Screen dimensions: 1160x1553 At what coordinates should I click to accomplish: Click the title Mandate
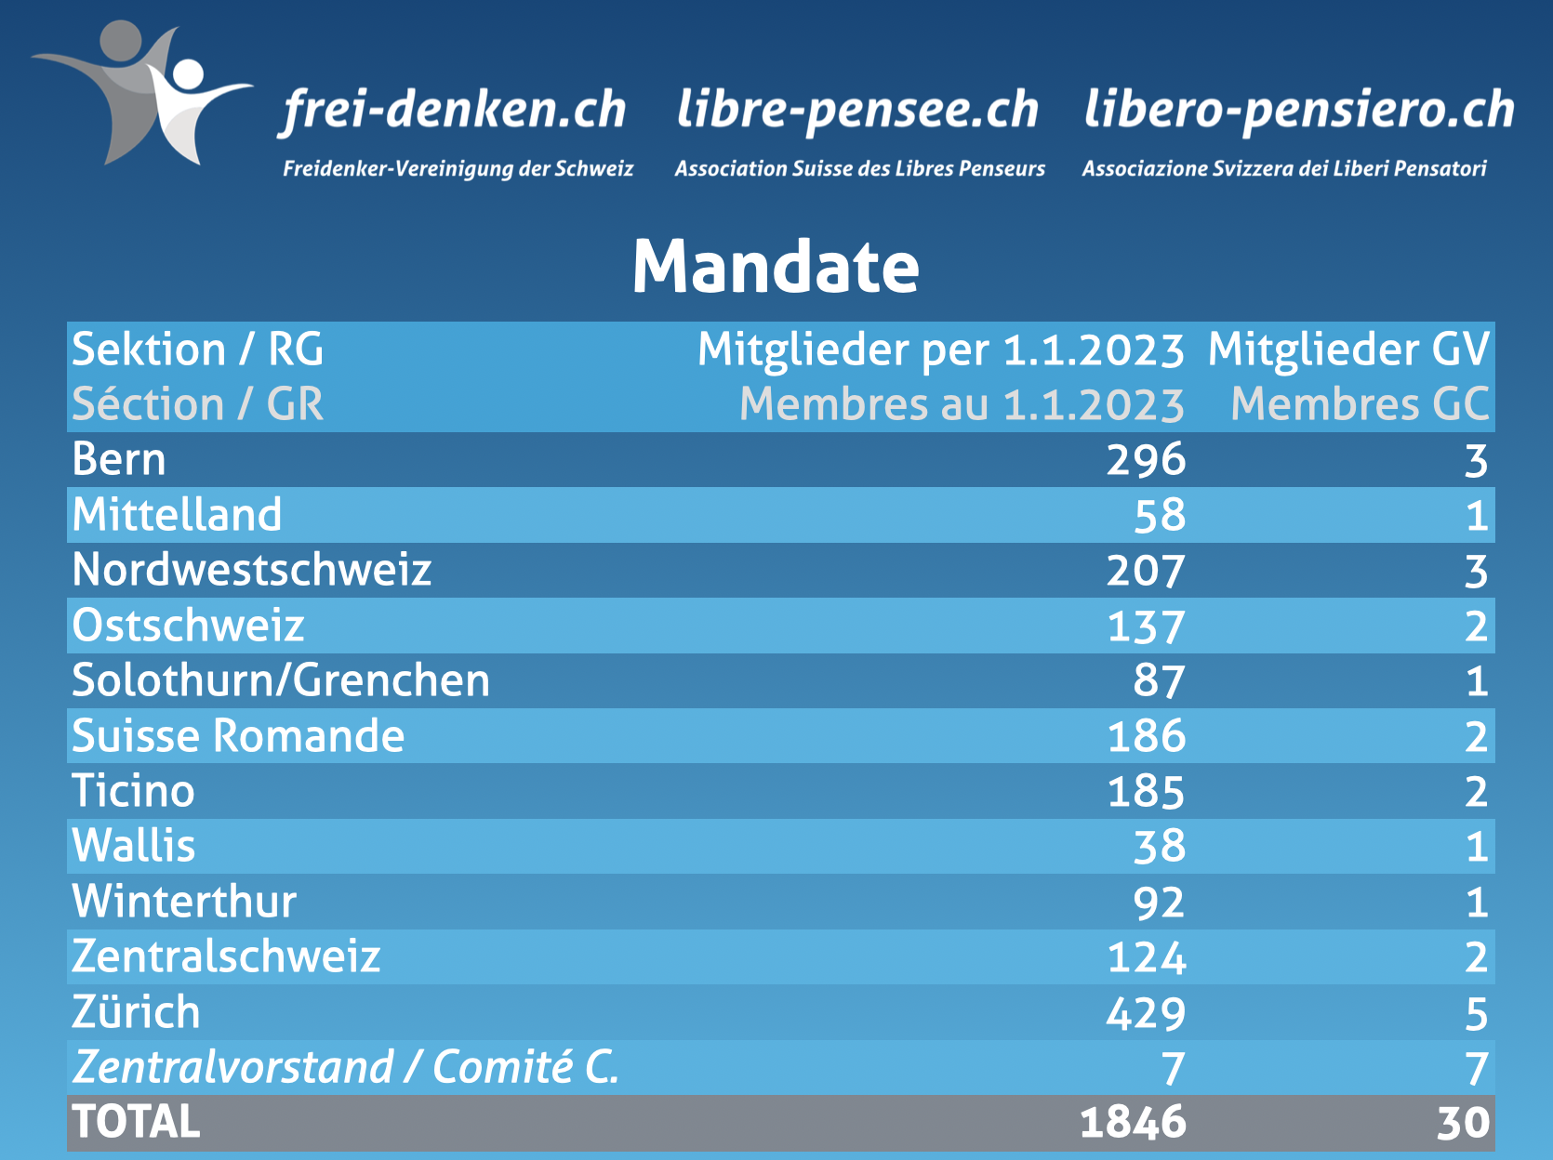click(776, 267)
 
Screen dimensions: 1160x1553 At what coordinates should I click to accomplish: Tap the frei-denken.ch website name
click(455, 111)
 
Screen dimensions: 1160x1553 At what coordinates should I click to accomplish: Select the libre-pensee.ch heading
click(857, 111)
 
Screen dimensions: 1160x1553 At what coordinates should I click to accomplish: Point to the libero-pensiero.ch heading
click(1299, 111)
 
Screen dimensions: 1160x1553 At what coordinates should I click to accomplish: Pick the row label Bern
click(119, 460)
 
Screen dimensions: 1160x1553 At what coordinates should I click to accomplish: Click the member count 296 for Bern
click(1146, 460)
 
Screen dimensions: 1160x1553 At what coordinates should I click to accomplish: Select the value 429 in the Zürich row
click(1146, 1013)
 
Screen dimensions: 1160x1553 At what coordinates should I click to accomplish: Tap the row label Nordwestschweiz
click(252, 570)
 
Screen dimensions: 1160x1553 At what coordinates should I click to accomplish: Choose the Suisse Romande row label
click(238, 736)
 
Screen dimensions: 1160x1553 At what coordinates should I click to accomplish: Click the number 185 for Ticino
click(1146, 792)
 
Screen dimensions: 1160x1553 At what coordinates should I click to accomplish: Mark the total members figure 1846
click(1133, 1123)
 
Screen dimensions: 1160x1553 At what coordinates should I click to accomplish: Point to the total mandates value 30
click(1463, 1123)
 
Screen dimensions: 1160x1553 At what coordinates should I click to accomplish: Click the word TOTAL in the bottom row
click(136, 1122)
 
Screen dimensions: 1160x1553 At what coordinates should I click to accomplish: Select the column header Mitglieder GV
click(1348, 350)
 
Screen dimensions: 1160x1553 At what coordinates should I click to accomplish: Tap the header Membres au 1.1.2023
click(962, 405)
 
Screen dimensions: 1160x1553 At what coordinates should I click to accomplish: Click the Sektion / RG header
click(197, 350)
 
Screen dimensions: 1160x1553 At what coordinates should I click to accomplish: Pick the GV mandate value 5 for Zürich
click(1476, 1013)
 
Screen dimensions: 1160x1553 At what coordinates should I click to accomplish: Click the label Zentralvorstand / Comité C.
click(345, 1067)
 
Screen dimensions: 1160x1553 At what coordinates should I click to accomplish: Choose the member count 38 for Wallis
click(1159, 847)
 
